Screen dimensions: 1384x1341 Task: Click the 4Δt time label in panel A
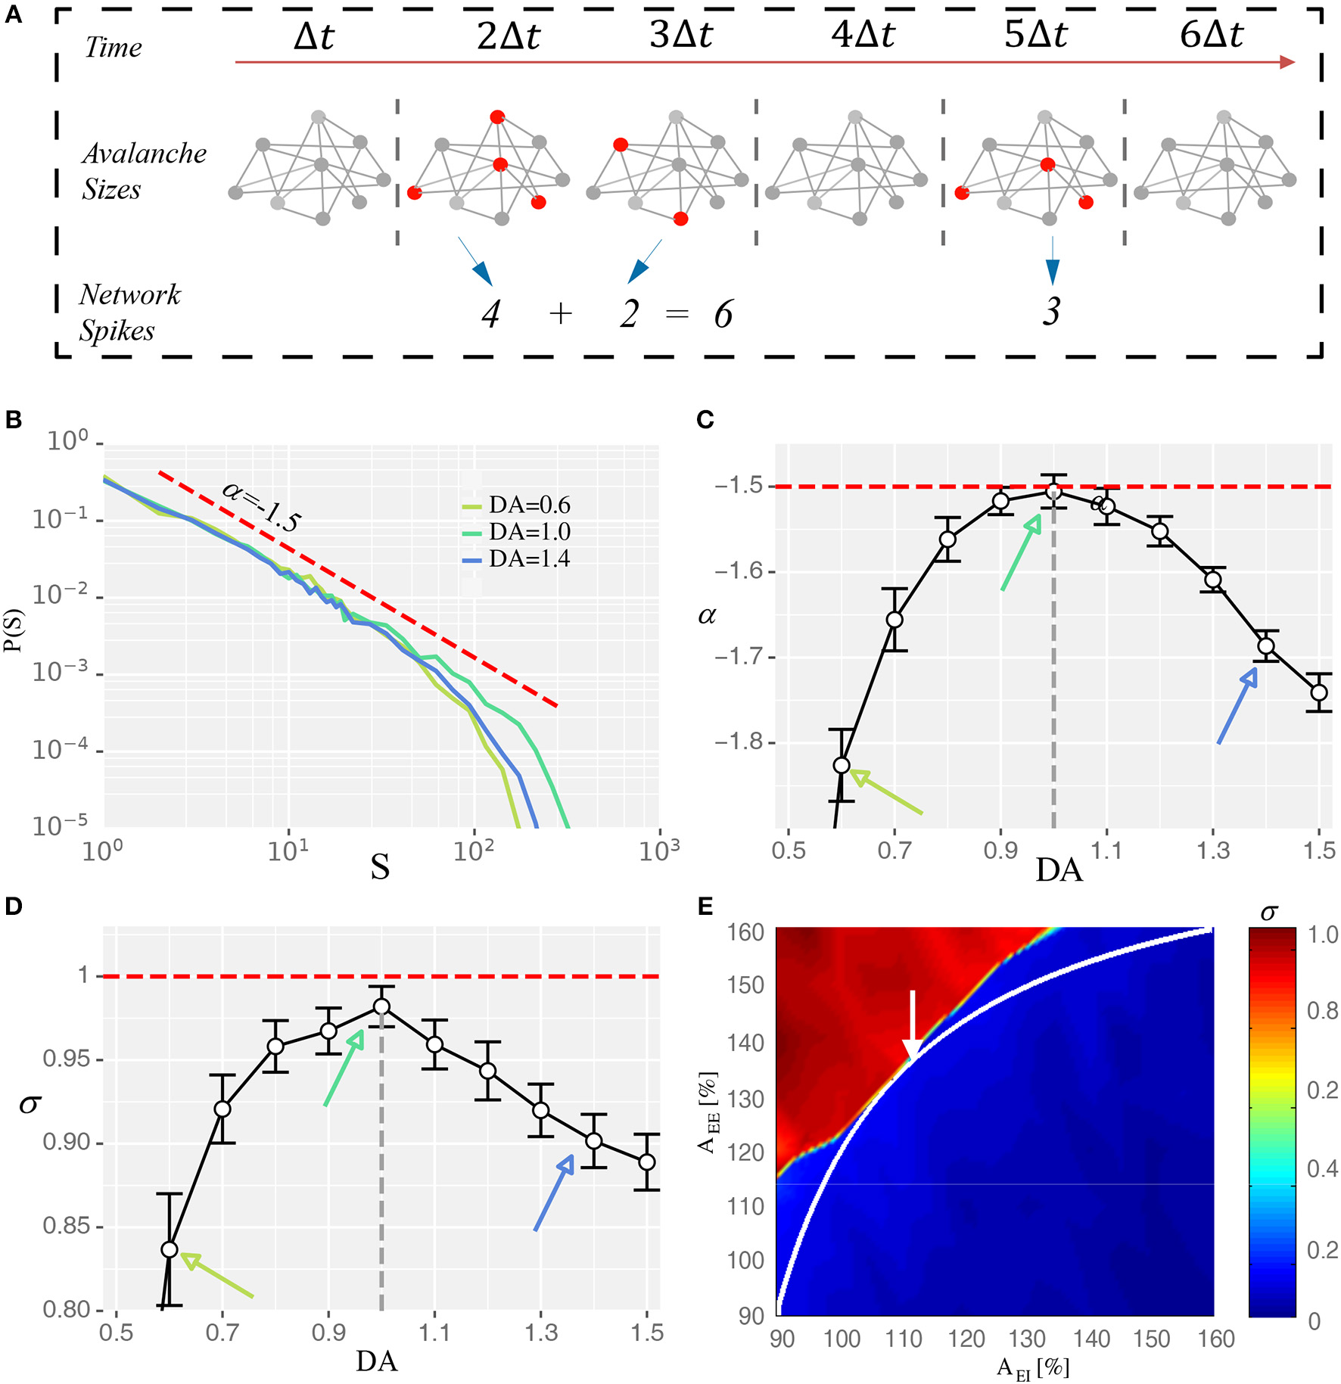[x=863, y=35]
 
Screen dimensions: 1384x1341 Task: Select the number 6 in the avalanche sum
[x=723, y=314]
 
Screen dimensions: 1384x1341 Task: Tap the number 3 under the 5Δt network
[x=1051, y=311]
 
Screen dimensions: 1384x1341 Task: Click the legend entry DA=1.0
[x=528, y=532]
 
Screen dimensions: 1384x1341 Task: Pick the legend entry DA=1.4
[x=528, y=559]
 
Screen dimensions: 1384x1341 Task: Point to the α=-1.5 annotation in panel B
[x=262, y=506]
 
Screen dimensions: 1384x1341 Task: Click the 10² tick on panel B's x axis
[x=473, y=851]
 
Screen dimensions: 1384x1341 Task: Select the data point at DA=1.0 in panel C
[x=1053, y=492]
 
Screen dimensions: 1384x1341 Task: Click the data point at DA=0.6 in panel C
[x=842, y=765]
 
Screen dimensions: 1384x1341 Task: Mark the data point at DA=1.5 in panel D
[x=646, y=1162]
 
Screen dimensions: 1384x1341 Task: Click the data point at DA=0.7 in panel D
[x=222, y=1109]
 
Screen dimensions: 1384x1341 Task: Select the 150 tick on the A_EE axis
[x=745, y=985]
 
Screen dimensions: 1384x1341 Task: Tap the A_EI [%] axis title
[x=1033, y=1367]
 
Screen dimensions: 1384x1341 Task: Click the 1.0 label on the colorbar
[x=1322, y=935]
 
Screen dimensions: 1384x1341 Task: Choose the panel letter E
[x=705, y=907]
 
